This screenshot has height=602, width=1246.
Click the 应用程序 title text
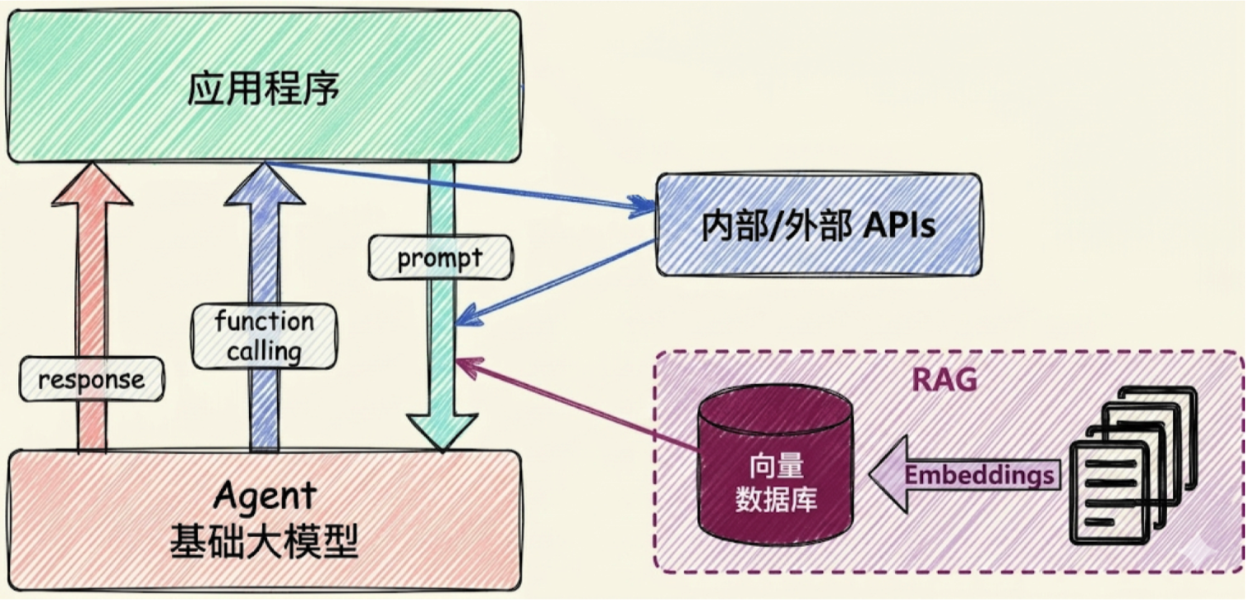pyautogui.click(x=263, y=89)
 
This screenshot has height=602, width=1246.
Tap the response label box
pyautogui.click(x=92, y=380)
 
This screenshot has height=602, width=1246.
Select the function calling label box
pyautogui.click(x=264, y=336)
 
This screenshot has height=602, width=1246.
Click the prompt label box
pyautogui.click(x=440, y=257)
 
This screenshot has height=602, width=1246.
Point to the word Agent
pyautogui.click(x=265, y=496)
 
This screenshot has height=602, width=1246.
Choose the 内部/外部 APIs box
pyautogui.click(x=819, y=225)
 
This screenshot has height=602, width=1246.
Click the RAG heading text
pyautogui.click(x=944, y=381)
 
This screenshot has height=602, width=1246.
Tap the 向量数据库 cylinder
pyautogui.click(x=776, y=466)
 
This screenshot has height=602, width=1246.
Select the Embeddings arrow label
pyautogui.click(x=979, y=475)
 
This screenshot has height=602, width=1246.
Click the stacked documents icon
pyautogui.click(x=1133, y=465)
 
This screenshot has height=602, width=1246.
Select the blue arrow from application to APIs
pyautogui.click(x=460, y=185)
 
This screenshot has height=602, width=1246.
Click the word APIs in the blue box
pyautogui.click(x=899, y=225)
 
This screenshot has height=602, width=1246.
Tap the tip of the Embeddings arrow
pyautogui.click(x=870, y=475)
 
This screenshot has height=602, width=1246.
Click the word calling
pyautogui.click(x=264, y=352)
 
